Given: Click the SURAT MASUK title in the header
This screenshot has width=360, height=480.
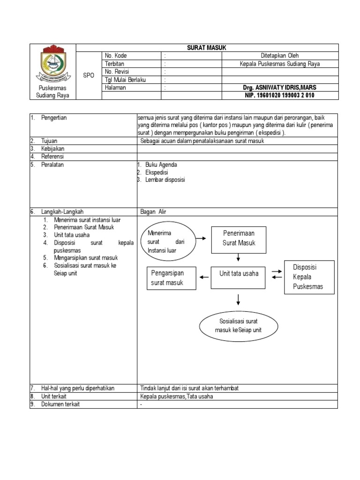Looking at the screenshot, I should click(x=207, y=48).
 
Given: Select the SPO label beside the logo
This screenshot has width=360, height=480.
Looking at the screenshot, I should click(x=89, y=75).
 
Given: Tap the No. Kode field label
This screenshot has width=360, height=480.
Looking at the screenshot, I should click(x=116, y=56).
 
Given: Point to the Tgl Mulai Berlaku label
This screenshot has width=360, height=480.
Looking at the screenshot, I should click(x=126, y=80).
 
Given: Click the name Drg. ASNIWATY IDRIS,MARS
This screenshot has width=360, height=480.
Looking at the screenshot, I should click(x=279, y=88).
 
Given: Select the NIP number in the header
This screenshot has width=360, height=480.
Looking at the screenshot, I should click(x=279, y=96).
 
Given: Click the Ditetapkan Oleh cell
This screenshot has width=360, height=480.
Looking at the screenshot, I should click(x=279, y=56).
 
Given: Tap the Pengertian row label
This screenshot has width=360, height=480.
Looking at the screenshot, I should click(x=54, y=118).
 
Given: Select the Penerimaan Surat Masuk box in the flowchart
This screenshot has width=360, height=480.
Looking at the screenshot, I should click(x=239, y=238).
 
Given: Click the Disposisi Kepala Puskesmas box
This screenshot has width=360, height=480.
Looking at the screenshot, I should click(x=309, y=277).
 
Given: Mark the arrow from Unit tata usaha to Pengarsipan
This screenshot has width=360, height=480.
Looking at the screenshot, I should click(x=204, y=277).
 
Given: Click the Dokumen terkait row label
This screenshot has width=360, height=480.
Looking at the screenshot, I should click(x=60, y=405).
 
